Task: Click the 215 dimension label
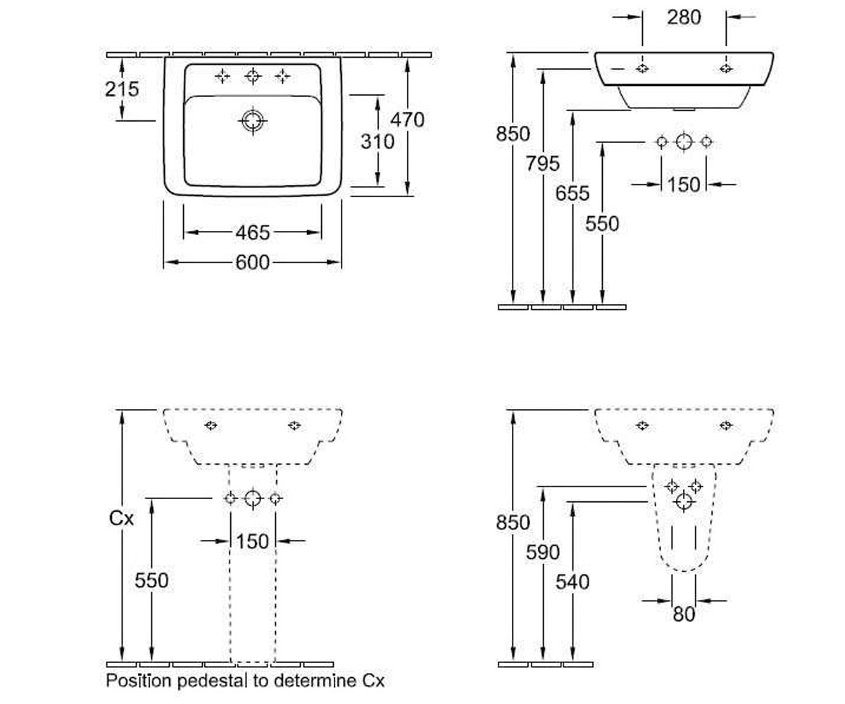click(x=122, y=89)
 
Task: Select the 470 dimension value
click(x=408, y=120)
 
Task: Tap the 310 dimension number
click(x=377, y=142)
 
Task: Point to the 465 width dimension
click(x=253, y=232)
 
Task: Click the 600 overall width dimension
click(x=253, y=263)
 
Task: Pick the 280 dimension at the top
click(x=684, y=18)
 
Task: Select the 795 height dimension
click(x=543, y=163)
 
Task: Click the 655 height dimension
click(x=572, y=194)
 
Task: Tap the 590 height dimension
click(x=543, y=552)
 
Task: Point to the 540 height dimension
click(x=572, y=582)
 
